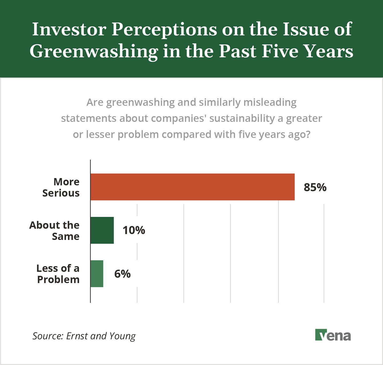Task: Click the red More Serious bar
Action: point(192,187)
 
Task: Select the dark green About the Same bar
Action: point(102,230)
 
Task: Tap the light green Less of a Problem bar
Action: point(97,274)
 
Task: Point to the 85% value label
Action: point(315,187)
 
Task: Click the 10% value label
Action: point(134,230)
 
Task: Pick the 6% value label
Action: point(122,274)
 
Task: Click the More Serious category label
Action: point(61,187)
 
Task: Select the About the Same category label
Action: point(55,231)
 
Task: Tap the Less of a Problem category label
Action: point(58,274)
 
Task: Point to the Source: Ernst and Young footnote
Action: point(84,336)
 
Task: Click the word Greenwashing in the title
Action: point(94,51)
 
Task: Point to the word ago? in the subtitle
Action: point(299,134)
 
